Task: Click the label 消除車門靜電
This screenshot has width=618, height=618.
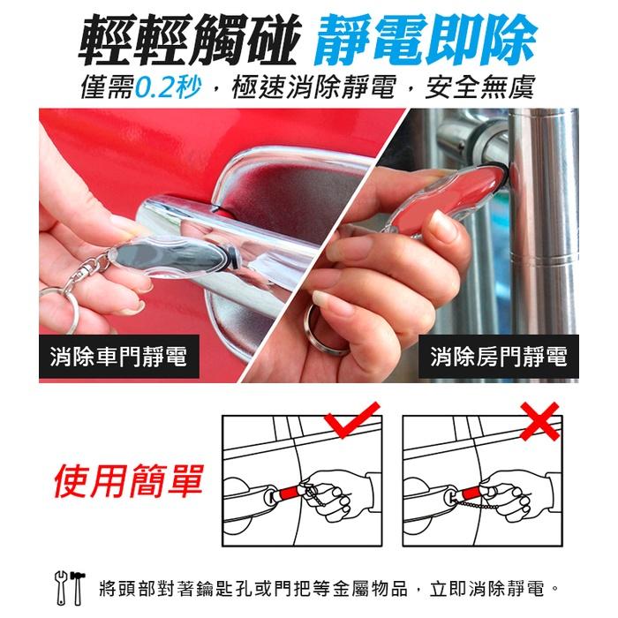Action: click(x=119, y=358)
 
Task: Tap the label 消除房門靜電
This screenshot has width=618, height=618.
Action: click(x=499, y=358)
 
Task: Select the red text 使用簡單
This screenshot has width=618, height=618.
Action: click(x=128, y=480)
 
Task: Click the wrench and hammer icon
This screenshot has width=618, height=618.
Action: click(x=71, y=584)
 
